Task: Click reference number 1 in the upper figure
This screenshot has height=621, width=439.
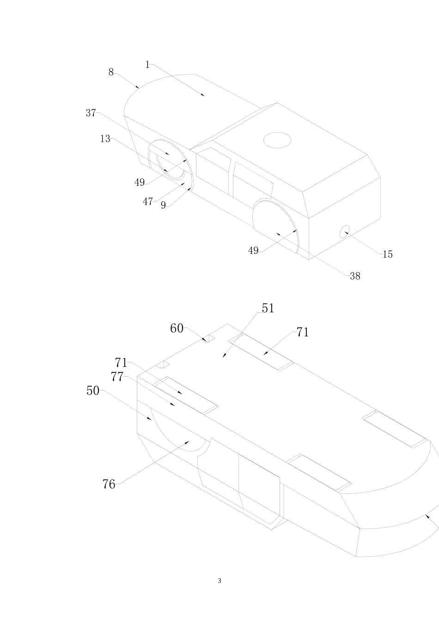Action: pos(147,65)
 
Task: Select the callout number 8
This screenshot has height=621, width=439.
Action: pos(111,72)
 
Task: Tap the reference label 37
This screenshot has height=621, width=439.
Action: pos(91,113)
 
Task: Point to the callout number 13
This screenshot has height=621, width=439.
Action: pos(105,139)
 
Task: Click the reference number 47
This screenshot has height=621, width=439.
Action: pos(147,202)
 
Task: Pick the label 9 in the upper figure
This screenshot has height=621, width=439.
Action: pos(163,206)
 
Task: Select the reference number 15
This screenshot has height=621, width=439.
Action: pos(387,254)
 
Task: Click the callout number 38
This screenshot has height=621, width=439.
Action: pos(355,276)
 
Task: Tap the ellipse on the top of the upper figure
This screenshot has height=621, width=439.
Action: pos(277,140)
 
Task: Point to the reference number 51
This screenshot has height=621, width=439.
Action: pos(268,308)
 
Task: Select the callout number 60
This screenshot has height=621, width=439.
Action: pos(177,329)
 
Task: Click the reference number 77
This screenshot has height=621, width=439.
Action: pos(117,377)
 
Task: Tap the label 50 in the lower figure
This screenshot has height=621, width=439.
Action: pos(93,391)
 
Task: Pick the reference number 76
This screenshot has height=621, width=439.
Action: pos(109,484)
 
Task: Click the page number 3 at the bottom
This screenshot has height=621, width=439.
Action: pos(219,581)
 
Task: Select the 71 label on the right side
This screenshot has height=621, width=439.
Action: pos(303,332)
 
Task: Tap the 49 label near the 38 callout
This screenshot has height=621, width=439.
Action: pos(253,251)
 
